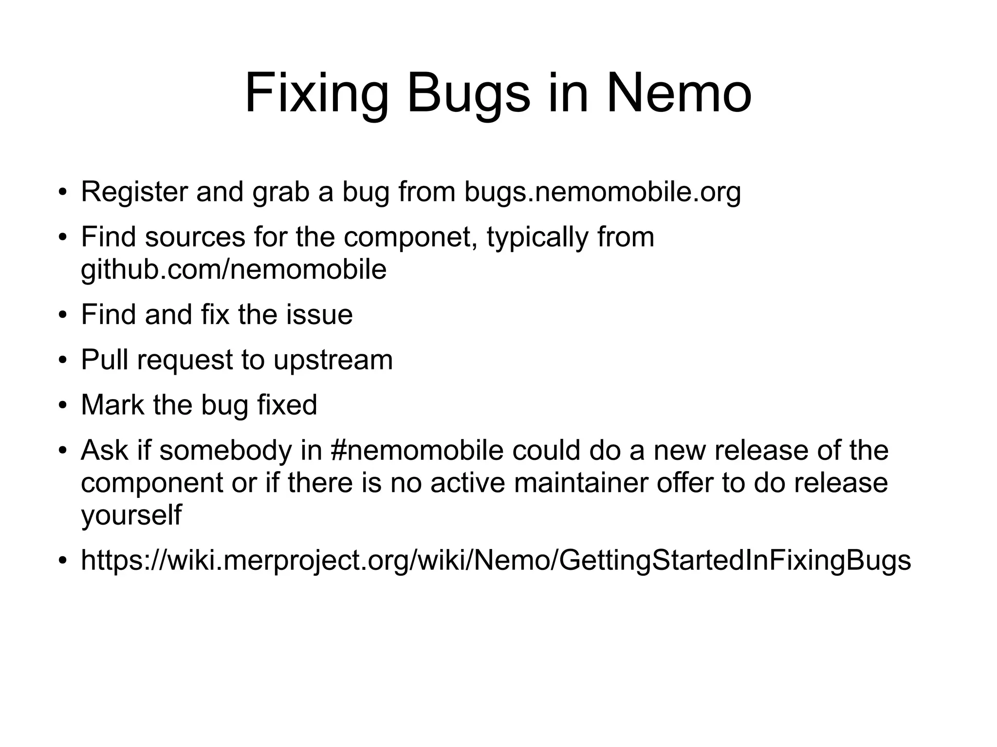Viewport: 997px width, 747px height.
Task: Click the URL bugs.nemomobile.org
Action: pyautogui.click(x=602, y=192)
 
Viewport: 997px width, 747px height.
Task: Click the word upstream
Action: pyautogui.click(x=333, y=360)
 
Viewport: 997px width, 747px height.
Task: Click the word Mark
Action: pyautogui.click(x=112, y=405)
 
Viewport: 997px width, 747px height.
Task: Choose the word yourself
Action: pyautogui.click(x=131, y=515)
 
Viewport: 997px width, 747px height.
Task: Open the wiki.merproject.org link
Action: pyautogui.click(x=496, y=560)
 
